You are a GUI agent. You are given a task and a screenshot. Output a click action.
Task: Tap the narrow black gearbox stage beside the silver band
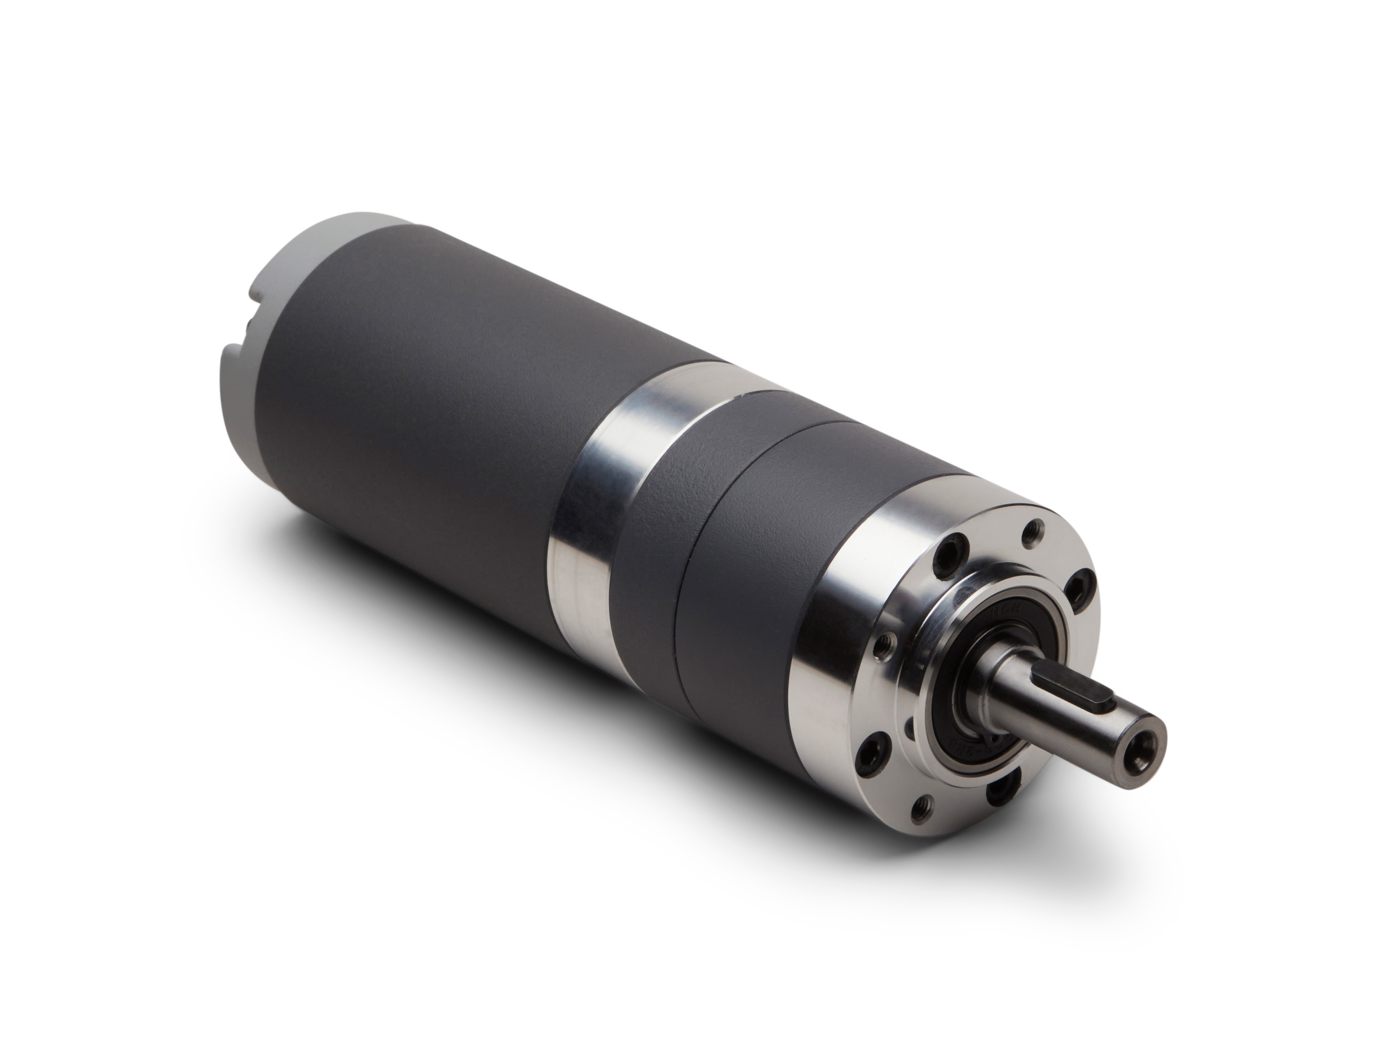pos(651,506)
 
